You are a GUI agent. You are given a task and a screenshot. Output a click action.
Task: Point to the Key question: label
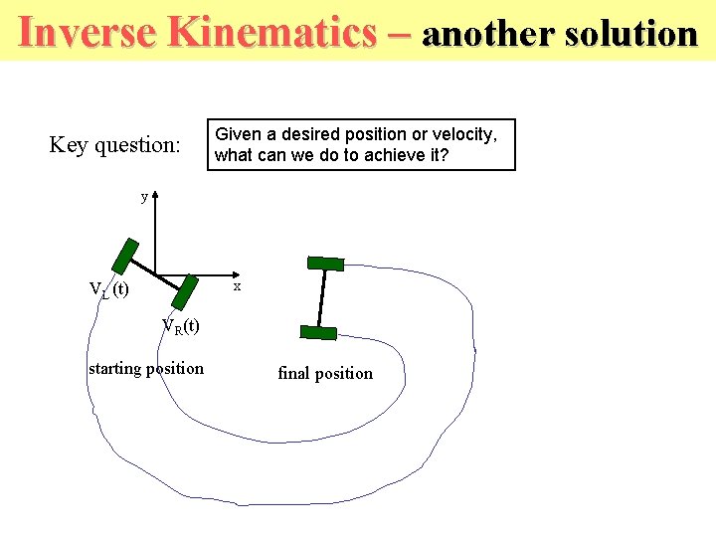click(x=114, y=145)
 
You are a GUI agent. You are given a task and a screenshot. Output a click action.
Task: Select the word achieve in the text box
click(x=391, y=155)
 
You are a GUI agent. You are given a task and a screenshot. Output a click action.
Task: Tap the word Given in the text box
click(x=238, y=134)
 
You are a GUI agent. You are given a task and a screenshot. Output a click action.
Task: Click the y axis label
click(x=144, y=197)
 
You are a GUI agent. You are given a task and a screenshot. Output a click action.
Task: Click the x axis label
click(x=237, y=286)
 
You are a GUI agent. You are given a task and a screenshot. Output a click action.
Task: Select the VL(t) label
click(x=108, y=289)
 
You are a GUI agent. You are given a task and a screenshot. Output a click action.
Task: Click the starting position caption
click(x=146, y=369)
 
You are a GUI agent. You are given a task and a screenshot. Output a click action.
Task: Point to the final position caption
click(x=325, y=374)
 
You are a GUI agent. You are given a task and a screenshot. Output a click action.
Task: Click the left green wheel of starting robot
click(x=124, y=256)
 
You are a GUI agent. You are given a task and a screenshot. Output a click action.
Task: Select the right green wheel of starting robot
click(x=185, y=292)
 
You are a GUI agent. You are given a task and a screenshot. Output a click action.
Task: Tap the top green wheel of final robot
click(x=325, y=264)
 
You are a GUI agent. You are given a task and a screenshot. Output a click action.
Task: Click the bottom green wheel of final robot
click(x=318, y=333)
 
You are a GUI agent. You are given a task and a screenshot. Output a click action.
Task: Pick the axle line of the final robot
click(x=321, y=298)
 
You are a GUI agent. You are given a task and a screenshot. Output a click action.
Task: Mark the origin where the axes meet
click(x=155, y=274)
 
